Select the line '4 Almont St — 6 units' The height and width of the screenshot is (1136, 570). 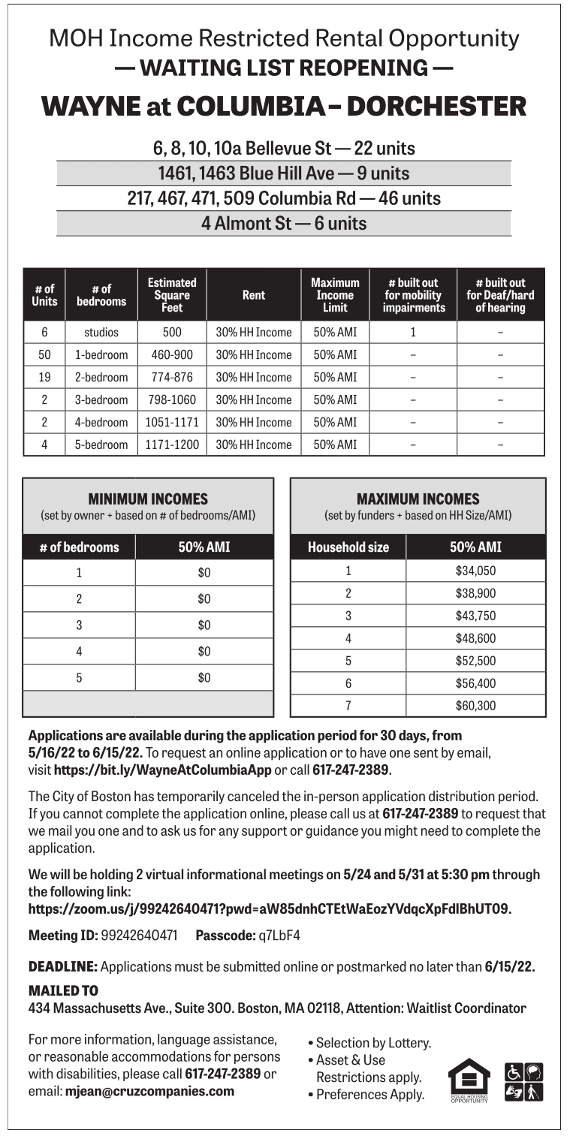coord(284,224)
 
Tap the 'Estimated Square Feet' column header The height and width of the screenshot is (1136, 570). coord(172,294)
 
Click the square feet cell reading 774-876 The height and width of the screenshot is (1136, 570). coord(172,377)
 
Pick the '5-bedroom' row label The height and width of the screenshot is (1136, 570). coord(101,444)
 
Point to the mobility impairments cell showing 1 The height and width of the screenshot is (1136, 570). coord(413,332)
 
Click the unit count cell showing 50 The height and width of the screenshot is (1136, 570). coord(44,354)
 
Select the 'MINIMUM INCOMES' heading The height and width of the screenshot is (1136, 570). coord(148,499)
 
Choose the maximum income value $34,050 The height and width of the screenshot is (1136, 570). coord(475,571)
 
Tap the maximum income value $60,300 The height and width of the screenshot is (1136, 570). coord(475,706)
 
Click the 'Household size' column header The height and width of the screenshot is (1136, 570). coord(348,547)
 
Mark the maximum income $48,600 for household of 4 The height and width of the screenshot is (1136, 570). coord(475,638)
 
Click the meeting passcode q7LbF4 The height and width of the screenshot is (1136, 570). coord(279,936)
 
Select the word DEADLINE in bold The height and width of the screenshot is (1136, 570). coord(63,966)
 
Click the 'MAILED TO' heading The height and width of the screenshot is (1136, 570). coord(63,991)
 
